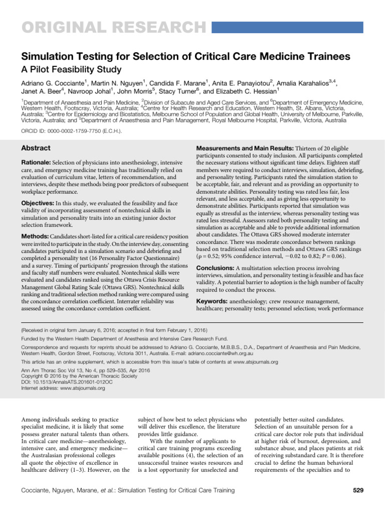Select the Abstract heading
pos(36,149)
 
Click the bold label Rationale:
pos(37,164)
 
